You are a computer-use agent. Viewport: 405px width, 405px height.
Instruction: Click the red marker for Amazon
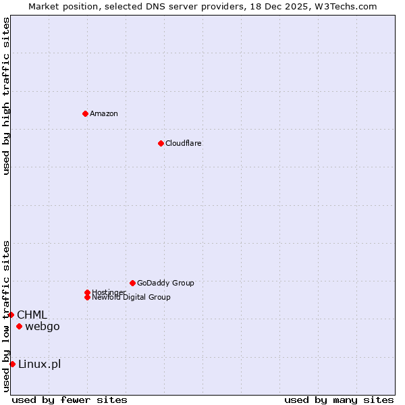(85, 113)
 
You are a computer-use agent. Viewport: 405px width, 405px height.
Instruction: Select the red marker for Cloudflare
(161, 143)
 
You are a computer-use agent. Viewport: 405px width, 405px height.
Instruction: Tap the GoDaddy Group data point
(132, 283)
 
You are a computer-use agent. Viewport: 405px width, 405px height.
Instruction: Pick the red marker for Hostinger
(87, 292)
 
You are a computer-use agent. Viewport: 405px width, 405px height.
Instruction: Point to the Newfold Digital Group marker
(87, 297)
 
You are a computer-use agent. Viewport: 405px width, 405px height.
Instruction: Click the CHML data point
(11, 315)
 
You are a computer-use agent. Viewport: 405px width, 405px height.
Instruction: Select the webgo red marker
(19, 327)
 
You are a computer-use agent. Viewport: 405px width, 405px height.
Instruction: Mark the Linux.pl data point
(12, 364)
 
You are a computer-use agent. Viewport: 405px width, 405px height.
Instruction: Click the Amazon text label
(104, 113)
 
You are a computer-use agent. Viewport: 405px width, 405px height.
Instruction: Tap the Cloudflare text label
(184, 143)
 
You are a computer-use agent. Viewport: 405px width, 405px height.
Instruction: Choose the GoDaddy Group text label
(165, 283)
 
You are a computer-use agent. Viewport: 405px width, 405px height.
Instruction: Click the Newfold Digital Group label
(131, 297)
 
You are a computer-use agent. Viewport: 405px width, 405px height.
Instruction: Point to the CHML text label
(32, 315)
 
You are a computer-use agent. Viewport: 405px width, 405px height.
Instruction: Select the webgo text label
(43, 327)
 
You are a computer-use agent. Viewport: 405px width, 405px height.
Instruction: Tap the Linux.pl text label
(39, 364)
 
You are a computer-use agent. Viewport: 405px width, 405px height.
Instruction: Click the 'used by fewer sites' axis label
(70, 400)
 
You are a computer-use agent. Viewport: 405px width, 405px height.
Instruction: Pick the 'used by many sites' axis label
(339, 400)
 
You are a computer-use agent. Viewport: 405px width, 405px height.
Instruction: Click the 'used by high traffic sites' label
(6, 96)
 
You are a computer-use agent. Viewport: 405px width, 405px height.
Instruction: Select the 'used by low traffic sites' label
(6, 315)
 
